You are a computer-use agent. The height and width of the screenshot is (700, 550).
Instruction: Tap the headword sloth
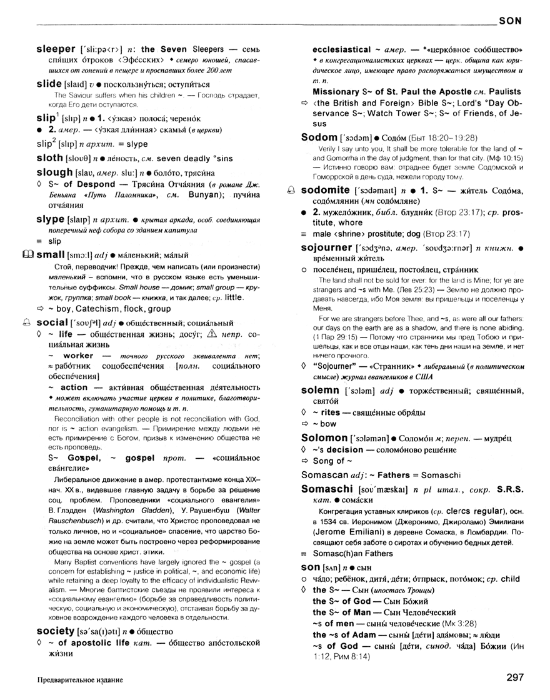pyautogui.click(x=50, y=157)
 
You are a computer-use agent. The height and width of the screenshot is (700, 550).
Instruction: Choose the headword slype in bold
pyautogui.click(x=51, y=219)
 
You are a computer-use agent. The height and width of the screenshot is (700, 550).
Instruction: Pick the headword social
pyautogui.click(x=52, y=322)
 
